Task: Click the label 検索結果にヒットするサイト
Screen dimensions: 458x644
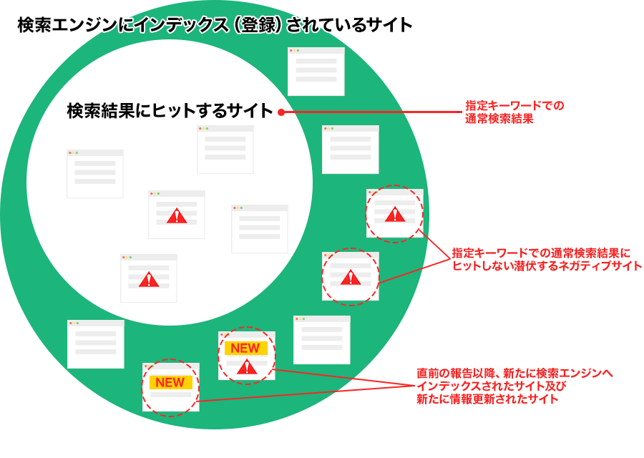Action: pos(170,112)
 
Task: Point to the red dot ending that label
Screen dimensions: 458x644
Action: pos(281,112)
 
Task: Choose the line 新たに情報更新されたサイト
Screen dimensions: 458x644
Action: pos(487,399)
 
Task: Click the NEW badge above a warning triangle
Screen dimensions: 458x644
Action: pos(245,349)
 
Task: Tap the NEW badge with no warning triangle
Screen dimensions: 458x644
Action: pos(170,383)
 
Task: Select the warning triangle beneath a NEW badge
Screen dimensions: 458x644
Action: pos(247,367)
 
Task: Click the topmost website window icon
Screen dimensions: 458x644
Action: pos(316,72)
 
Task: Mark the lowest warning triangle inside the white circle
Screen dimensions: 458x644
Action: pos(149,279)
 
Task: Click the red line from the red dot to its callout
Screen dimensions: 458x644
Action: pos(372,112)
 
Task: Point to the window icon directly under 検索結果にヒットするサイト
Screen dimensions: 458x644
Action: pos(225,150)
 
